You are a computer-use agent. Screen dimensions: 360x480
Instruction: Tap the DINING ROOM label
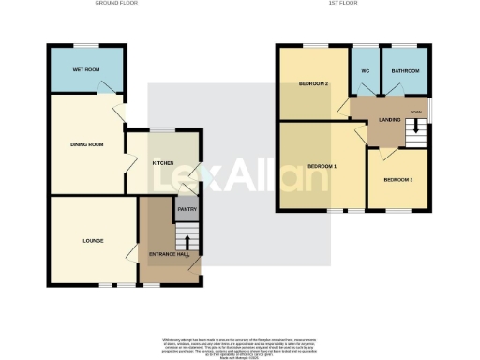[x=86, y=143]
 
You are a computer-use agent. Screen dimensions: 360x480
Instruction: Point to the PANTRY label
[x=187, y=210]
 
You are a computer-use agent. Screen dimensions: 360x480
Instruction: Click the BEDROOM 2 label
[x=313, y=83]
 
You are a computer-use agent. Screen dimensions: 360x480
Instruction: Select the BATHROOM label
[x=406, y=71]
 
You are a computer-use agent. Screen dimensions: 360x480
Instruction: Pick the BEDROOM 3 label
[x=397, y=178]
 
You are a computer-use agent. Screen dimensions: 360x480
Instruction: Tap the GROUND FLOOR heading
[x=115, y=4]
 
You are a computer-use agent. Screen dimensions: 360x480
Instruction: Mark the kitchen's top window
[x=166, y=131]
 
